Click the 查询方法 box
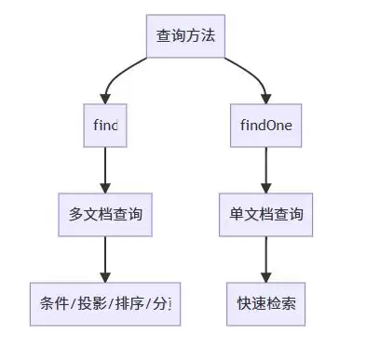(x=186, y=36)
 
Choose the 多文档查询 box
(x=105, y=214)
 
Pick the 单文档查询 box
(x=266, y=214)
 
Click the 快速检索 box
(x=266, y=303)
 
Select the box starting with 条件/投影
(x=104, y=303)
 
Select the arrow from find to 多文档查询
(x=105, y=167)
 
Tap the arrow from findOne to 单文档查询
(x=266, y=167)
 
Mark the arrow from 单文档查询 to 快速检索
(x=266, y=258)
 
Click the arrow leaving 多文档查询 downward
(x=105, y=258)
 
